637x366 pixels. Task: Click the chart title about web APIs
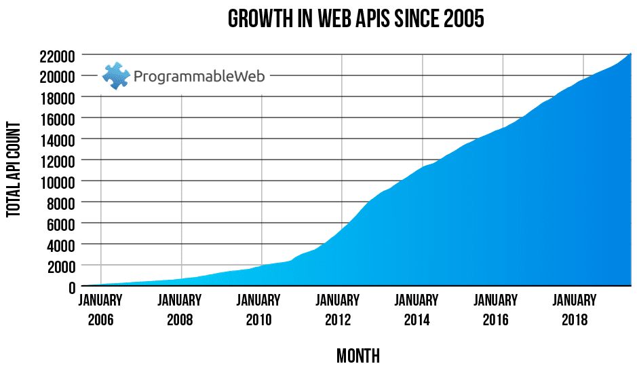pos(355,19)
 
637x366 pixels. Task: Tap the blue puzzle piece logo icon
pos(116,76)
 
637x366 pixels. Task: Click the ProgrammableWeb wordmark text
pos(199,77)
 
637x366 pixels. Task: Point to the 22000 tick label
pos(56,55)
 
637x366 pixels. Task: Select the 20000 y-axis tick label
pos(56,76)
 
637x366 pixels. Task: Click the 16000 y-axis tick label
pos(56,118)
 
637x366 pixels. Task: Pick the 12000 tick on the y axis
pos(56,160)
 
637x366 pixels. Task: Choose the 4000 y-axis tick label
pos(59,244)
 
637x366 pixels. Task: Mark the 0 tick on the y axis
pos(71,287)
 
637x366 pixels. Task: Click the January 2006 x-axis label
pos(100,310)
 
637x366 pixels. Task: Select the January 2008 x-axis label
pos(180,310)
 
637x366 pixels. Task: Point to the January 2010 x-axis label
pos(259,310)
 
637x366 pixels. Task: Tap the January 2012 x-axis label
pos(337,310)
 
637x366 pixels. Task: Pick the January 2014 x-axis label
pos(417,310)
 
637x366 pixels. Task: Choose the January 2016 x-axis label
pos(496,310)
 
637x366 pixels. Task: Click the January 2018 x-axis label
pos(575,310)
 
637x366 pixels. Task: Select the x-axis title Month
pos(358,355)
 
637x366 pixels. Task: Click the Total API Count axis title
pos(14,170)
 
